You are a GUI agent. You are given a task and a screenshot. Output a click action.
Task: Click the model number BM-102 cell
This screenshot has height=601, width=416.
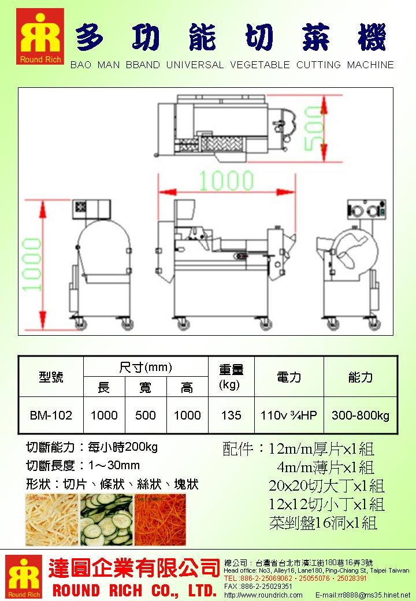[x=51, y=415]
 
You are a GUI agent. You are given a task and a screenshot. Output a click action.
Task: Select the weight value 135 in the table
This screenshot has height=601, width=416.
[x=231, y=415]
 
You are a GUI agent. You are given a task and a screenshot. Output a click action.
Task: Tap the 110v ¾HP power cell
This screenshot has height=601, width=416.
[x=288, y=415]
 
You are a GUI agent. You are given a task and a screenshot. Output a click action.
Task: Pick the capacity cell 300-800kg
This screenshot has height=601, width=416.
[x=361, y=415]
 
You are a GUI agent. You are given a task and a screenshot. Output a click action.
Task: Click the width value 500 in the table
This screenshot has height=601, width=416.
[x=146, y=415]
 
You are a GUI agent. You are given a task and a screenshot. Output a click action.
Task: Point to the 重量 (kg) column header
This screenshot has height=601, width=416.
[x=231, y=376]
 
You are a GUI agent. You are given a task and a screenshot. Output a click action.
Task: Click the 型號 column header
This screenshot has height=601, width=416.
[x=51, y=377]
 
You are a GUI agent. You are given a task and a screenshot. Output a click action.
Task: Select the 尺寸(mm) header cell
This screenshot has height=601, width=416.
[x=146, y=367]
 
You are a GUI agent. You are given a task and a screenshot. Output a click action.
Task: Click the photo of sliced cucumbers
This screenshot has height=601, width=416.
[x=106, y=520]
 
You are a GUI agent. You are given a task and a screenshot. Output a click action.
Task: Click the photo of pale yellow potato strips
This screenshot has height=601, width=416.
[x=51, y=520]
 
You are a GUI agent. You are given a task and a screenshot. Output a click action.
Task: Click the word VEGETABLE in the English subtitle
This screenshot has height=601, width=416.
[x=259, y=65]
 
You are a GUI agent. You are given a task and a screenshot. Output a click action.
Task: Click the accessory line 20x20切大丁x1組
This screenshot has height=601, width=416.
[x=326, y=485]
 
